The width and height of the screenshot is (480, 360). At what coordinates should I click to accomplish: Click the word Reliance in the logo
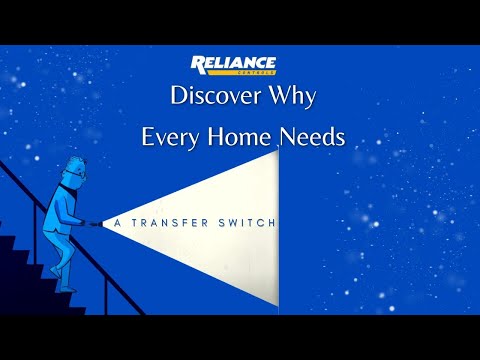point(234,64)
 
